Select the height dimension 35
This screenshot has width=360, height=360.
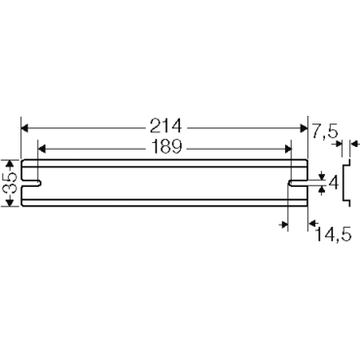click(x=11, y=180)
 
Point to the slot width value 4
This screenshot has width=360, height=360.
click(x=335, y=181)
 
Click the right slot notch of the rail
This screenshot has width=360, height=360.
click(x=296, y=181)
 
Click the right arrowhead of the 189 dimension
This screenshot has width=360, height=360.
click(x=287, y=148)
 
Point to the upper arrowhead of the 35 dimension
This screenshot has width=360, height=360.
click(x=11, y=163)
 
